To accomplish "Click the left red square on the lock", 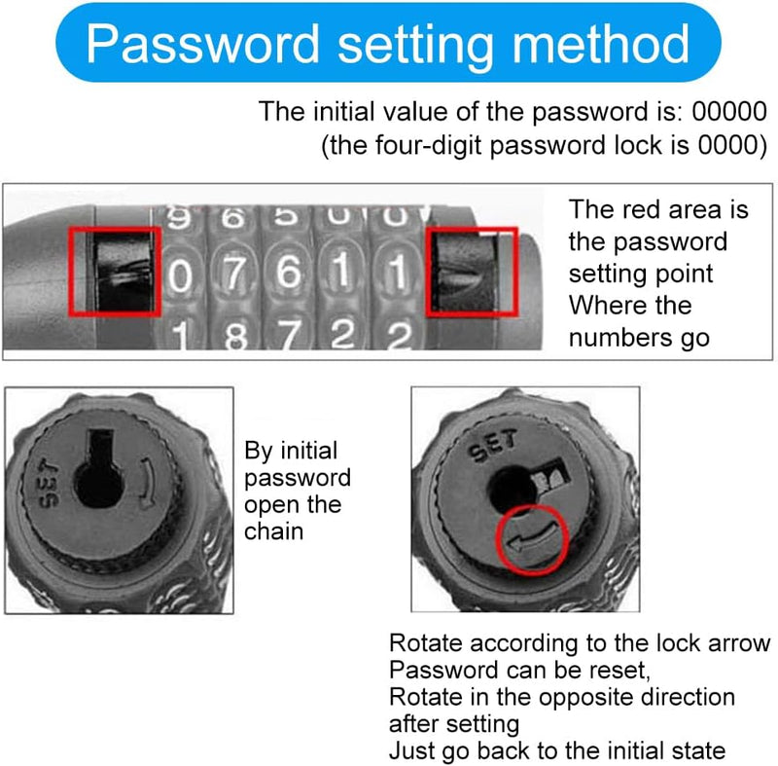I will [x=115, y=272].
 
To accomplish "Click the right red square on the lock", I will [x=473, y=272].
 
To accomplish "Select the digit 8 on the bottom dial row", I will [x=233, y=337].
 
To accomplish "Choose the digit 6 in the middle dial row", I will [x=288, y=274].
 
